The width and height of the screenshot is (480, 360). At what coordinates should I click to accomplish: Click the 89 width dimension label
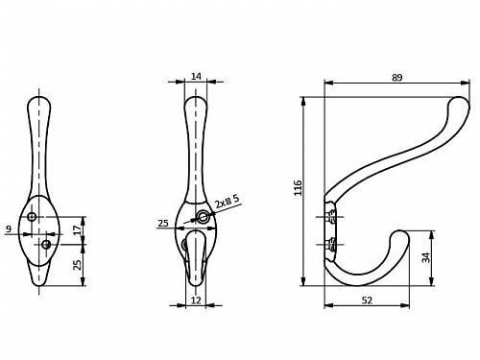point(396,78)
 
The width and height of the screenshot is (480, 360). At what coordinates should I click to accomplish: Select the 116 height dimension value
point(298,188)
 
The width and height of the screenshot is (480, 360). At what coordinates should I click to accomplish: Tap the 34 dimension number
point(426,257)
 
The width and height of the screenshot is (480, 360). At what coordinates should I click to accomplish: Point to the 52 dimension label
point(367,300)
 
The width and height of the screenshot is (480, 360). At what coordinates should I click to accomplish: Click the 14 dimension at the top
point(196,77)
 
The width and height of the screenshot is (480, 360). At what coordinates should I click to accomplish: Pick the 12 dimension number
point(196,300)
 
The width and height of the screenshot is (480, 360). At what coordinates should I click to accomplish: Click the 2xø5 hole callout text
point(227,202)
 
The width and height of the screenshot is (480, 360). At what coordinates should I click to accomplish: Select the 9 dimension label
point(9,228)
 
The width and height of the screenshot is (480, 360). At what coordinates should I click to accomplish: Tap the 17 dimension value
point(77,230)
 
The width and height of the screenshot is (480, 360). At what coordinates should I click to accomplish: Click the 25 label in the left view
point(77,265)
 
